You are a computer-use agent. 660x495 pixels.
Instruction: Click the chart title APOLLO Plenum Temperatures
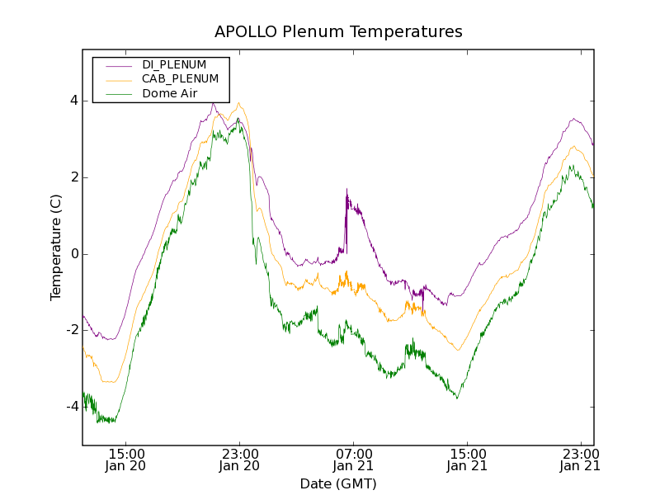tap(338, 32)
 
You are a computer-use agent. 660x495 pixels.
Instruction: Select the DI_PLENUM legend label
tap(174, 64)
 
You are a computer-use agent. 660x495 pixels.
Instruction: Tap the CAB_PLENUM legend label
tap(180, 78)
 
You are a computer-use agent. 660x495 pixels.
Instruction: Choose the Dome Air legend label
tap(169, 93)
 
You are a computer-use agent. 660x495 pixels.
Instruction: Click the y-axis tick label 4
tap(73, 101)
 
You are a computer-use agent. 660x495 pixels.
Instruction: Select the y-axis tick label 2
tap(73, 177)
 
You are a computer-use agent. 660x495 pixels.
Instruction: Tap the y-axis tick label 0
tap(73, 254)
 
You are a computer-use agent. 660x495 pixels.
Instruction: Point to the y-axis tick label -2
tap(71, 330)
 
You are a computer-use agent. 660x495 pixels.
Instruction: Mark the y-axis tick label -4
tap(71, 407)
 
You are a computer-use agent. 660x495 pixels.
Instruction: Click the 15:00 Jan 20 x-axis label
tap(127, 460)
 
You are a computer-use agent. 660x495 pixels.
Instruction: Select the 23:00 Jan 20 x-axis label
tap(240, 460)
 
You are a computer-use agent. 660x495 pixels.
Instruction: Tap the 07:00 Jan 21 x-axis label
tap(353, 460)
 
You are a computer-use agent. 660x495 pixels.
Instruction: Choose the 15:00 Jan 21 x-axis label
tap(467, 460)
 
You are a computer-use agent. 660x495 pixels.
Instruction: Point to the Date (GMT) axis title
tap(338, 483)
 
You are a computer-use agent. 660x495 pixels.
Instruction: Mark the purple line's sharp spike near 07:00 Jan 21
tap(346, 191)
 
